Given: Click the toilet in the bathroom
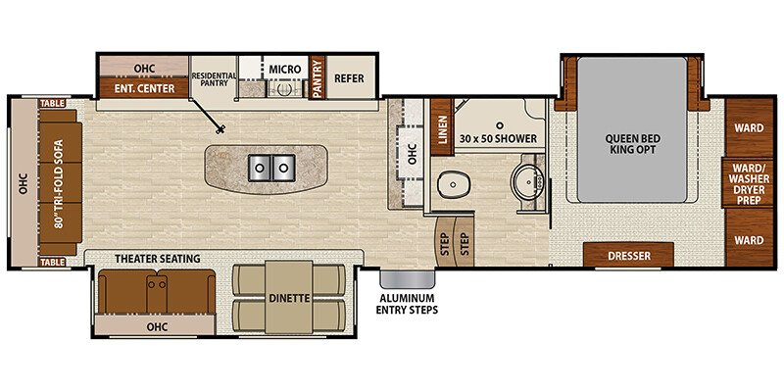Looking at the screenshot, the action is pos(453,185).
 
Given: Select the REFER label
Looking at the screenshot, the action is pos(349,78).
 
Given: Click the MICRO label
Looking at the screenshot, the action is pos(284,69).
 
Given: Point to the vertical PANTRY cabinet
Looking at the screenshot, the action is pos(317,77).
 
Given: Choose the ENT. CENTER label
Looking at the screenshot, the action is pos(144,88).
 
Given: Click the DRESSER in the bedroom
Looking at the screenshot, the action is pos(629,255).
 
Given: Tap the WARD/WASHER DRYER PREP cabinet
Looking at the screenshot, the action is pos(749,183).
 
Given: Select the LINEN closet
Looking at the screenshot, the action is pos(442,127).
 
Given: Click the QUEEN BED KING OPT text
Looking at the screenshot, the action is pos(632,144).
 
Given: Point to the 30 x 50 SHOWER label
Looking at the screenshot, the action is pos(498,138).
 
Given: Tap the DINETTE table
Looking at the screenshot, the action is pos(288,297).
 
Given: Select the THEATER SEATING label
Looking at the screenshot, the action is pos(158,259).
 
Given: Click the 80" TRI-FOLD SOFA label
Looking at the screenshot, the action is pos(60,183).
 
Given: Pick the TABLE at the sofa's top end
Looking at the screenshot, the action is pos(53,104).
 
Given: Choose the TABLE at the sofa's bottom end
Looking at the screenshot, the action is pos(53,263).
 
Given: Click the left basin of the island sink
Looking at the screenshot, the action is pos(260,168).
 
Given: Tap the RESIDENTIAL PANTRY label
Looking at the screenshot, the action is pos(215,79).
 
